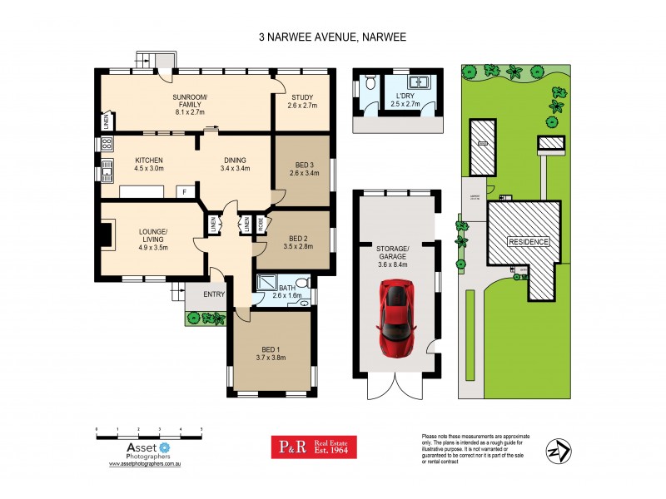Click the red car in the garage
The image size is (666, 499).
tap(397, 319)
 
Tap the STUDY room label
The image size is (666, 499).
tap(300, 97)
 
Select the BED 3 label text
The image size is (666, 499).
tap(302, 164)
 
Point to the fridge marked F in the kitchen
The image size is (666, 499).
tap(184, 192)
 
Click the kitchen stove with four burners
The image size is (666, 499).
tap(107, 144)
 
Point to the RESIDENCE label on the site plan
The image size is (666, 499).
tap(529, 242)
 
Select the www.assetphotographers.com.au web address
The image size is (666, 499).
tap(146, 465)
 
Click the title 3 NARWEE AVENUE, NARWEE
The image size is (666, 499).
tap(333, 37)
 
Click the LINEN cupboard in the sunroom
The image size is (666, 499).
tap(107, 122)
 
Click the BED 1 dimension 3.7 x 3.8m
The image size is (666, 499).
tap(271, 358)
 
